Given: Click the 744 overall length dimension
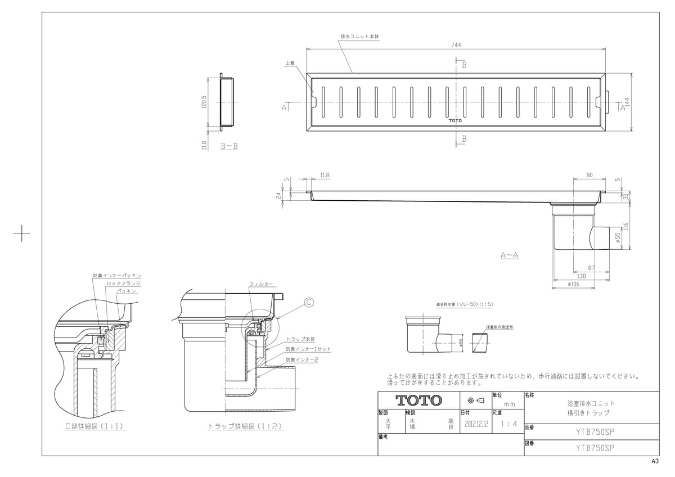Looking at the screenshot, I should tap(456, 46).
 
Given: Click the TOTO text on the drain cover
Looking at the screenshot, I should tap(455, 120).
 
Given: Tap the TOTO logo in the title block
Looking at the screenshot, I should tap(419, 400).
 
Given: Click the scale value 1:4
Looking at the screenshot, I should tap(508, 425).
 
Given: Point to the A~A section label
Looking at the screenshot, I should tap(510, 255).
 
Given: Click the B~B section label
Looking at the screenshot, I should tap(228, 146).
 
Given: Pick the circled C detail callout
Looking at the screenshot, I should tap(308, 302).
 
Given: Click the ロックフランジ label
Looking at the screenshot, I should tap(123, 284).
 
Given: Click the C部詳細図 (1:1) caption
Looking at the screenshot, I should tap(94, 427).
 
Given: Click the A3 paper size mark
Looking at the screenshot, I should tap(655, 461).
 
